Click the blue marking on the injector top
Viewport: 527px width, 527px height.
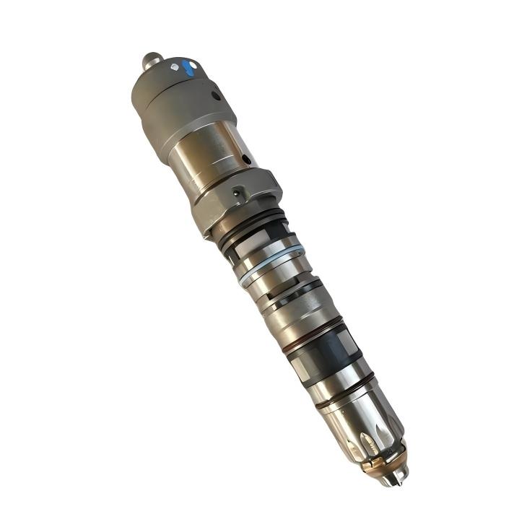188,69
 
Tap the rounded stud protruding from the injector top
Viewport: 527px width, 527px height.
151,60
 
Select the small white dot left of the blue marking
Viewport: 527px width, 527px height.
174,67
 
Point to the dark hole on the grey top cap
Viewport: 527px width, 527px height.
215,95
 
